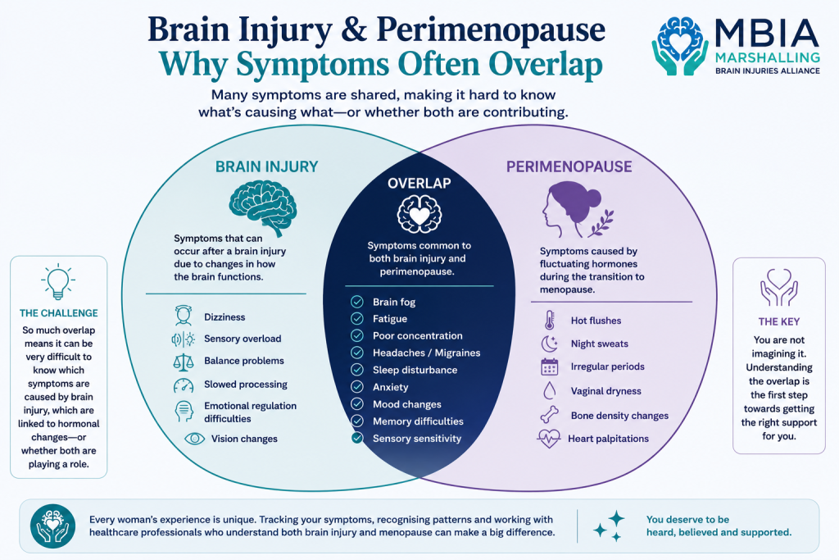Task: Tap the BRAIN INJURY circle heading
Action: pyautogui.click(x=266, y=167)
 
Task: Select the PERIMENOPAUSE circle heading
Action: pyautogui.click(x=569, y=167)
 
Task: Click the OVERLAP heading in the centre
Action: pyautogui.click(x=419, y=183)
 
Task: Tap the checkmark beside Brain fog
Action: pyautogui.click(x=357, y=302)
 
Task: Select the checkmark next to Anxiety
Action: pyautogui.click(x=357, y=386)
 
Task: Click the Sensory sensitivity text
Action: pyautogui.click(x=417, y=439)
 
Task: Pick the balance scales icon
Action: pyautogui.click(x=183, y=362)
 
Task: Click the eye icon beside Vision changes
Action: pyautogui.click(x=194, y=439)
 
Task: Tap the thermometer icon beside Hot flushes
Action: pyautogui.click(x=550, y=320)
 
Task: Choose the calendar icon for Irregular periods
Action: pyautogui.click(x=550, y=367)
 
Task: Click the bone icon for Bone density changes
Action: pyautogui.click(x=550, y=415)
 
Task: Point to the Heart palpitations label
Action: pyautogui.click(x=608, y=439)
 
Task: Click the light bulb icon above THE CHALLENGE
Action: pyautogui.click(x=58, y=282)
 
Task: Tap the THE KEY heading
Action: pyautogui.click(x=778, y=321)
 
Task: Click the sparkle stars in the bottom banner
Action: pyautogui.click(x=610, y=526)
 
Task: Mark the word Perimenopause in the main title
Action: pyautogui.click(x=491, y=30)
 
